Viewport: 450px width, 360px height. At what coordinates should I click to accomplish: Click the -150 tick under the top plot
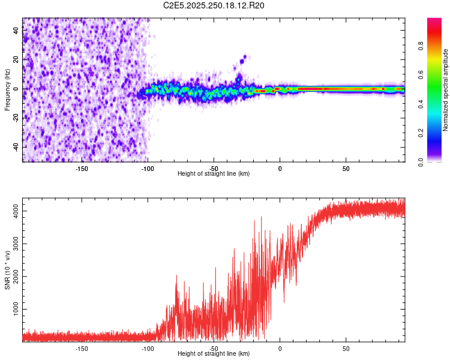(x=82, y=169)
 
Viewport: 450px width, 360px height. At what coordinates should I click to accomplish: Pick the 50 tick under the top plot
(x=346, y=169)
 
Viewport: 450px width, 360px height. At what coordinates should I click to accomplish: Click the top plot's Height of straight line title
(x=214, y=173)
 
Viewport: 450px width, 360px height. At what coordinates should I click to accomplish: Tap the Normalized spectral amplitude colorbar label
(x=446, y=90)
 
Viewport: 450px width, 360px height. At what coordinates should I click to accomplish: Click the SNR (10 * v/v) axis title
(x=7, y=271)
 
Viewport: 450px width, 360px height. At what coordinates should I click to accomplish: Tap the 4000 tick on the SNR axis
(x=14, y=211)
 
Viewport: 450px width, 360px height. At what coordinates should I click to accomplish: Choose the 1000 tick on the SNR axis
(x=14, y=308)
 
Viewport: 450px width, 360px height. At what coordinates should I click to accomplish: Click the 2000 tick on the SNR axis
(x=14, y=276)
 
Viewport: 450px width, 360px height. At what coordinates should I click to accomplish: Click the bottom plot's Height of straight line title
(x=214, y=354)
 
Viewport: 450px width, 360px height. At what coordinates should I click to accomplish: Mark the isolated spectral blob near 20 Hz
(x=244, y=58)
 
